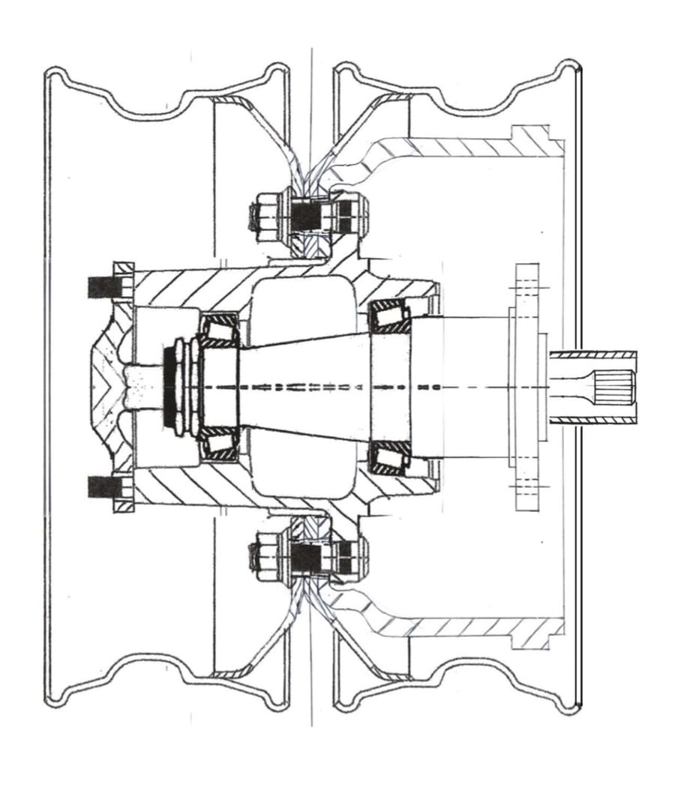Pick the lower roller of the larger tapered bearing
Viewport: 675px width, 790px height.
[391, 458]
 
